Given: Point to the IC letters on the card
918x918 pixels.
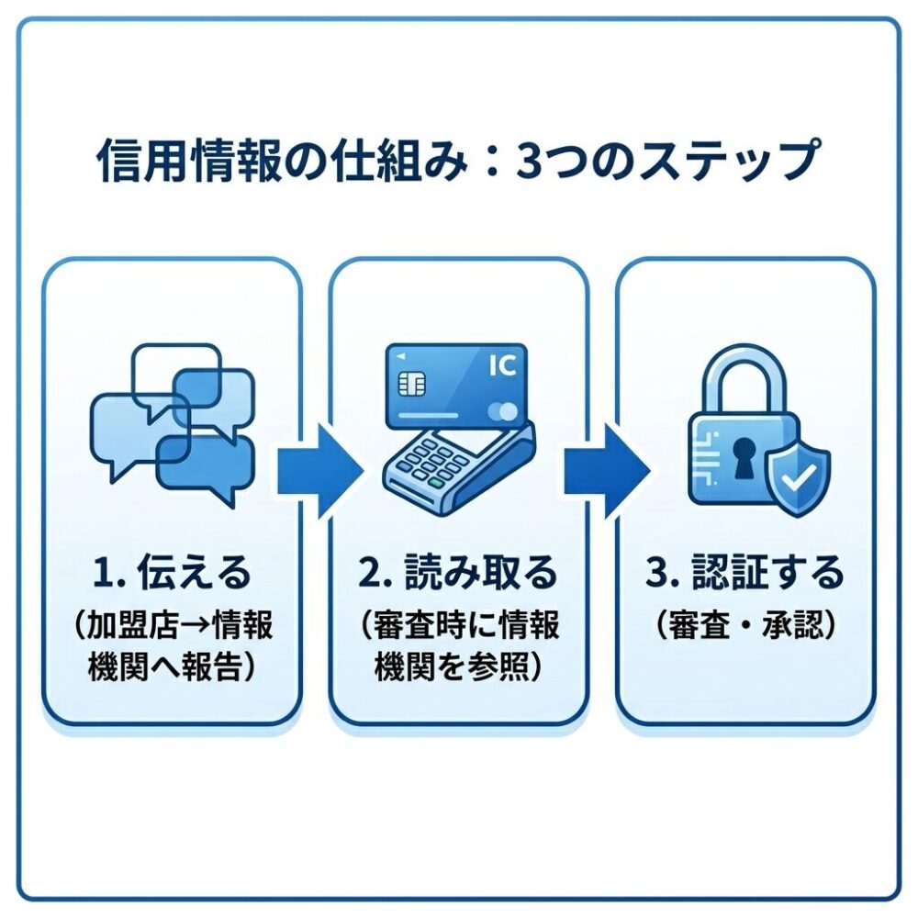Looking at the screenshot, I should coord(502,366).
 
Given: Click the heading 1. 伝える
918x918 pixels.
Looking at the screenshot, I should coord(172,574).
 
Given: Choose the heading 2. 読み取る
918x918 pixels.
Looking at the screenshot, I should coord(458,574).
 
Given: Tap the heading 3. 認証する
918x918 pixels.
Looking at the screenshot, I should coord(744,574).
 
